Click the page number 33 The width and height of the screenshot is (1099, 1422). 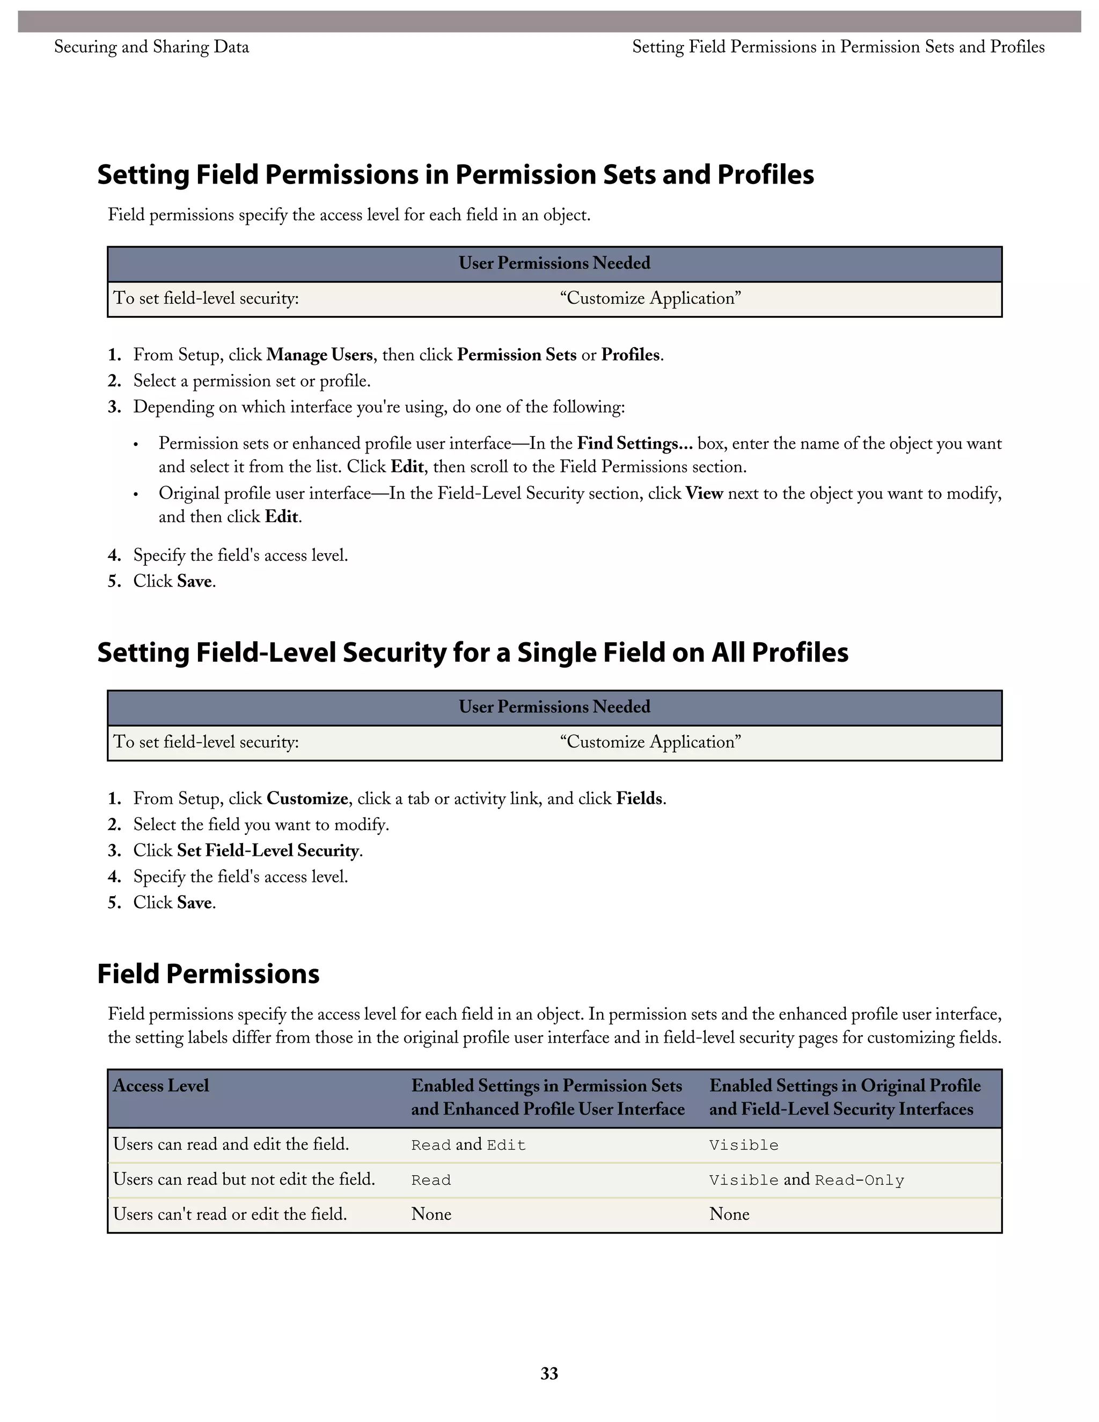(x=549, y=1373)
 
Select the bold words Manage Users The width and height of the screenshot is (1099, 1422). (x=319, y=355)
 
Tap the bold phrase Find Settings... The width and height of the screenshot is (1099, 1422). (x=634, y=443)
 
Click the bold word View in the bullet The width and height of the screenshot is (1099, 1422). (x=704, y=494)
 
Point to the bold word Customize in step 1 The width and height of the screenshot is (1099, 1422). (x=307, y=799)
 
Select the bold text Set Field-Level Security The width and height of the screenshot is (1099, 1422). (x=268, y=851)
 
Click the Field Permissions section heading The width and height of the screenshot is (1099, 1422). (x=208, y=974)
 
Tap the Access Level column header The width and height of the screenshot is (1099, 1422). (x=161, y=1086)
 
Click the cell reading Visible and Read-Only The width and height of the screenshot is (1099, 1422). (x=806, y=1180)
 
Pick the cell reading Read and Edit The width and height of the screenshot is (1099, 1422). (x=468, y=1145)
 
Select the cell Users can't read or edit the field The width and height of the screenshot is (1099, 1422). (x=230, y=1214)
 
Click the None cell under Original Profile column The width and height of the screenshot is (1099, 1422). (x=729, y=1214)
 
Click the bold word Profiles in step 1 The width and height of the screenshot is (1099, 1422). (x=630, y=355)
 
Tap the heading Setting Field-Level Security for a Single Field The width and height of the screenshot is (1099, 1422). (x=472, y=653)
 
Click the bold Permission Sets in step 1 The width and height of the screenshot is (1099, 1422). (x=516, y=355)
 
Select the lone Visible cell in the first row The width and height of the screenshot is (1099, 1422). (x=744, y=1145)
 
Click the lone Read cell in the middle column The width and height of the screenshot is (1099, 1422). (x=431, y=1180)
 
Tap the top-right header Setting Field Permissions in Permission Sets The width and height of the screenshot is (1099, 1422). (x=838, y=47)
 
